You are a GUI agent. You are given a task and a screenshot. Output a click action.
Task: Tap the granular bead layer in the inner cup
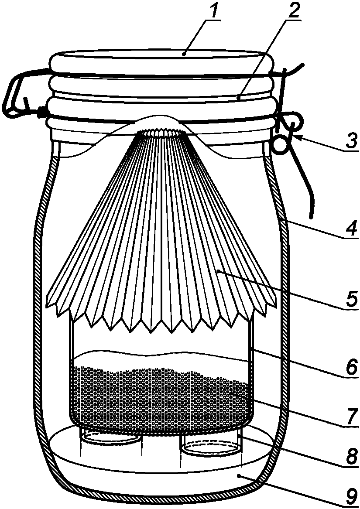tap(161, 397)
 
